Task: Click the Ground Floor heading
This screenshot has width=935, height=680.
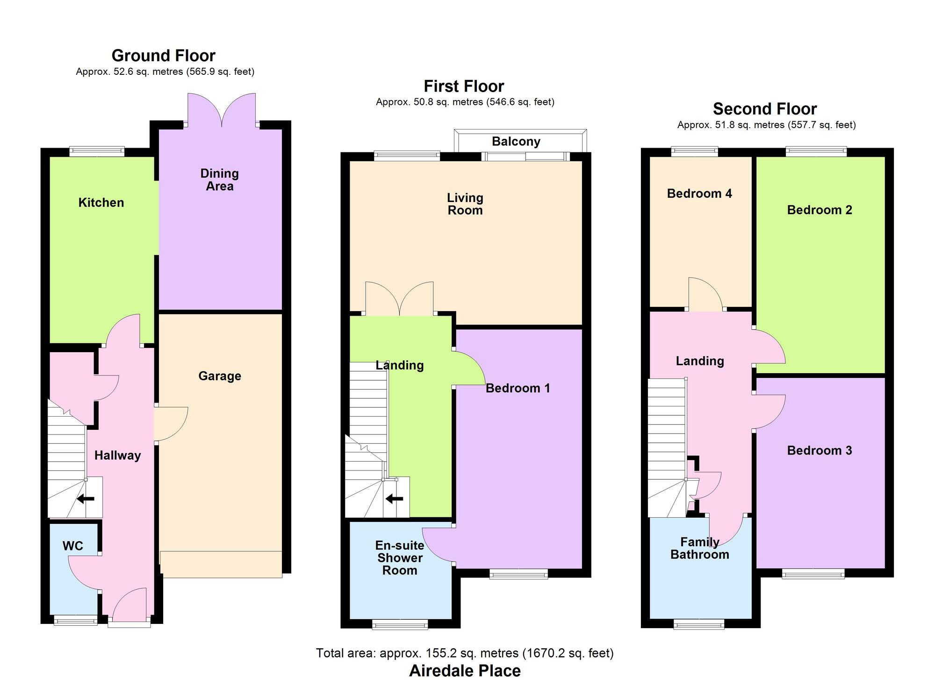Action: [163, 56]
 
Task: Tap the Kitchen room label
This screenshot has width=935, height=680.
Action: [101, 203]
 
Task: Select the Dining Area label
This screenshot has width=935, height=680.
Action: [220, 180]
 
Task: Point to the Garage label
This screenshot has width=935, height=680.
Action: [220, 376]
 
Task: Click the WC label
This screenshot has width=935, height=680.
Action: [73, 546]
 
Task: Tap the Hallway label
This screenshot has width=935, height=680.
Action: [118, 456]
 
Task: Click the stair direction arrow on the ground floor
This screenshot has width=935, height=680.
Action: [86, 499]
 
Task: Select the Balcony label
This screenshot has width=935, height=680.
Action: [516, 142]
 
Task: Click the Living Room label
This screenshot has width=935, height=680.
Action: [465, 204]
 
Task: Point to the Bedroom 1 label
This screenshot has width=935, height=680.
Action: [518, 388]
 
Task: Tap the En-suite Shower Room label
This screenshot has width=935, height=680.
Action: [400, 558]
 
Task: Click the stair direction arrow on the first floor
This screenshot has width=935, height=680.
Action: [394, 499]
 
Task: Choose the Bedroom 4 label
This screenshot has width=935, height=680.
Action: [699, 194]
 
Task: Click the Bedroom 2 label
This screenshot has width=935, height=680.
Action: [820, 210]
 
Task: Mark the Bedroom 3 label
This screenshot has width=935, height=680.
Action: [820, 450]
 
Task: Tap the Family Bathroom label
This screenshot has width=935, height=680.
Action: [700, 548]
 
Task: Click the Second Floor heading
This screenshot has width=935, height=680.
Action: [765, 109]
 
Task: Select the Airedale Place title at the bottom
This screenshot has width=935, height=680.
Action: [465, 671]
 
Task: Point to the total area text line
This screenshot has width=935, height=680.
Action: [465, 653]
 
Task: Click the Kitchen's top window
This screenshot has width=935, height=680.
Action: [97, 152]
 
